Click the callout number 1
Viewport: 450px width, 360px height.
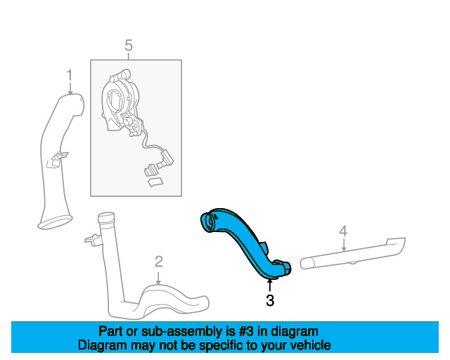(x=70, y=75)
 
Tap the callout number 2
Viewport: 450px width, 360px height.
(x=159, y=262)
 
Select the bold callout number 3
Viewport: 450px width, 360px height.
(x=270, y=300)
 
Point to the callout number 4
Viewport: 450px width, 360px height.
(x=343, y=231)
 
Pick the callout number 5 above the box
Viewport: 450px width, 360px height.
(x=129, y=46)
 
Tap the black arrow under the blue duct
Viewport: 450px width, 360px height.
(x=269, y=285)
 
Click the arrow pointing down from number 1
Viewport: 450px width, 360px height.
(x=70, y=89)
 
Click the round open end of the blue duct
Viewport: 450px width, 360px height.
(x=208, y=223)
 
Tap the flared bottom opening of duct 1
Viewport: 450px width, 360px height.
(x=55, y=222)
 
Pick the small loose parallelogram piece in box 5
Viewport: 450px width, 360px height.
(x=155, y=182)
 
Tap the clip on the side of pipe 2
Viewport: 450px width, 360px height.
(x=93, y=239)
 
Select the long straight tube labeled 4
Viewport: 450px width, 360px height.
(x=353, y=253)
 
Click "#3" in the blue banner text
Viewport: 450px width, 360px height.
(x=246, y=332)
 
